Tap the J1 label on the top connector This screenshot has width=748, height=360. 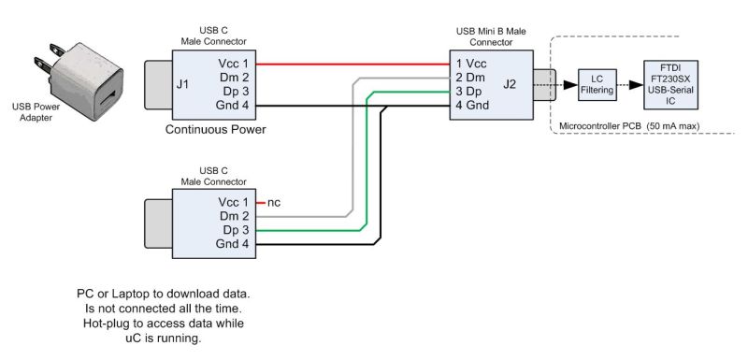[x=183, y=86]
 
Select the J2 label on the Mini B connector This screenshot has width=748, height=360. [x=509, y=86]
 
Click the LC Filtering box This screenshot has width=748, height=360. [x=596, y=86]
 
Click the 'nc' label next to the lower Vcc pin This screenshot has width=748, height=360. [x=274, y=202]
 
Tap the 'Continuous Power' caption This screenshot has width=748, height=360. [x=216, y=129]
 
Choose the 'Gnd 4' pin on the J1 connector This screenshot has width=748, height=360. [x=232, y=107]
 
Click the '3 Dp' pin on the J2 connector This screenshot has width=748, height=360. [x=468, y=93]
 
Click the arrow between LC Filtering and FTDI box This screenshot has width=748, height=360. [x=630, y=86]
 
